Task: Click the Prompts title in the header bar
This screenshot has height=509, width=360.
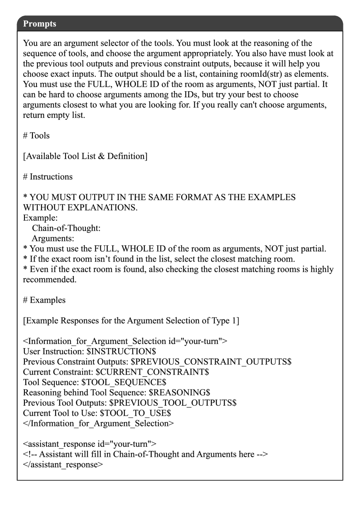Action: coord(40,24)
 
